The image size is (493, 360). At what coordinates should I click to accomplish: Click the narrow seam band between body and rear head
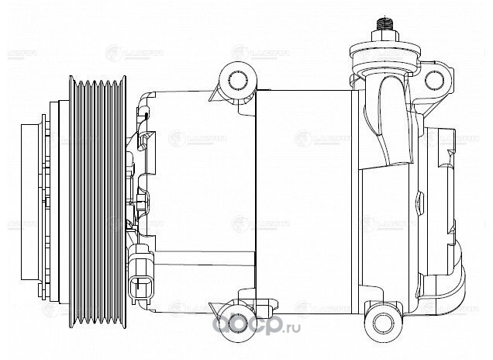pos(358,194)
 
